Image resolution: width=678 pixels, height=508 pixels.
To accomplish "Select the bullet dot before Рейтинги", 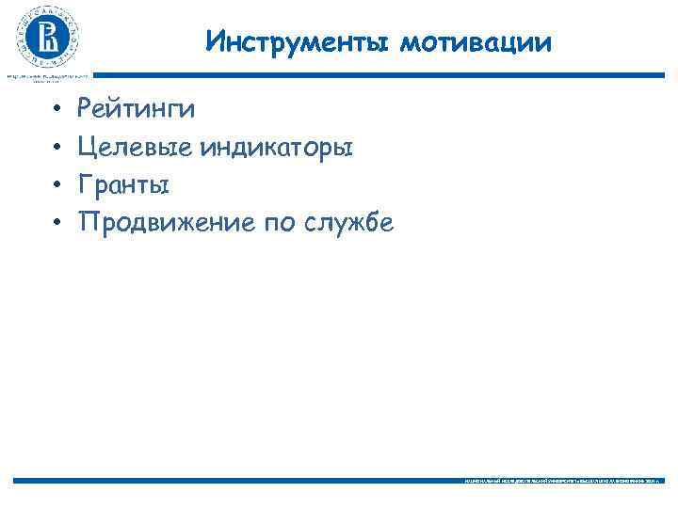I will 56,110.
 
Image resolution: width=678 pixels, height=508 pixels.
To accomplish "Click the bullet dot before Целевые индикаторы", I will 56,148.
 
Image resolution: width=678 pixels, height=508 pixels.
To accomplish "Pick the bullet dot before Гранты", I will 56,185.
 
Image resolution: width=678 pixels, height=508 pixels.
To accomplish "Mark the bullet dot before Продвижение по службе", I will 56,223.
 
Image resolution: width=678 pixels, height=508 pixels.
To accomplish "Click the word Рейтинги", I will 137,110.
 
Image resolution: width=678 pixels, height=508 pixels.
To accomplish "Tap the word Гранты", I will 124,185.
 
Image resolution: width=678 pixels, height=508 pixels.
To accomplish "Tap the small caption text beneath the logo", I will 47,76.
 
